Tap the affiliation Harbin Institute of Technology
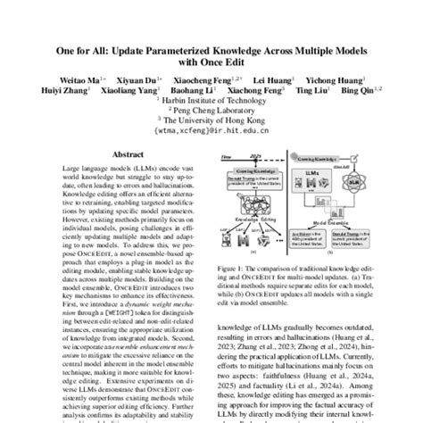214,100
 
